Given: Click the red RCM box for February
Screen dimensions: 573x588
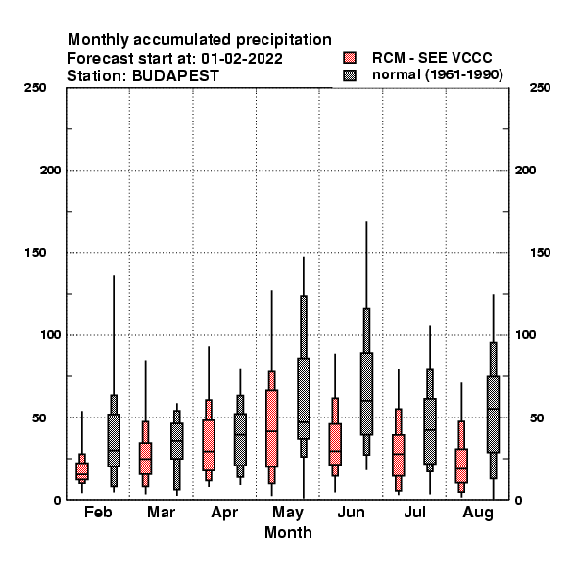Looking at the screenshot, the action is coord(82,471).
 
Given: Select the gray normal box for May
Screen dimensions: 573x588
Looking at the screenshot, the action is coord(304,398).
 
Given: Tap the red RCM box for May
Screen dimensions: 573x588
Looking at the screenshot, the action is coord(271,428).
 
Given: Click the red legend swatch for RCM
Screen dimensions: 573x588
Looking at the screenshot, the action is coord(350,58).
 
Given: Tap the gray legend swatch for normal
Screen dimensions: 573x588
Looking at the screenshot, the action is coord(350,75).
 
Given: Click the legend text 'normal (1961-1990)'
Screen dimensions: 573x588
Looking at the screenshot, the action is coord(437,75).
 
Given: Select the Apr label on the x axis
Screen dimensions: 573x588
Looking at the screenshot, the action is coord(224,513).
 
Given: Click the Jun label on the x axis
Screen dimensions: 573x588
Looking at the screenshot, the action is coord(351,512).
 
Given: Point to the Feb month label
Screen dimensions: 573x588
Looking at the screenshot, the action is coord(98,512).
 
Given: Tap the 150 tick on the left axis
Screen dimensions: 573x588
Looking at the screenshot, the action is coord(35,253).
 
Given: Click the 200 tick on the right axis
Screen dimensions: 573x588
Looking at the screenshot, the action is coord(526,171).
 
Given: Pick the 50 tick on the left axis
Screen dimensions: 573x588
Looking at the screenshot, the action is coord(39,417).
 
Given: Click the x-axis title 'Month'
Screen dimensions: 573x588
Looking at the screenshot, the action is coord(288,532).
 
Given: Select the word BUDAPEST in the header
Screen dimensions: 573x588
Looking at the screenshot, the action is coord(175,76).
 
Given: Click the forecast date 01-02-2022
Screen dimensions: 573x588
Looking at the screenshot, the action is coord(242,59).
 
